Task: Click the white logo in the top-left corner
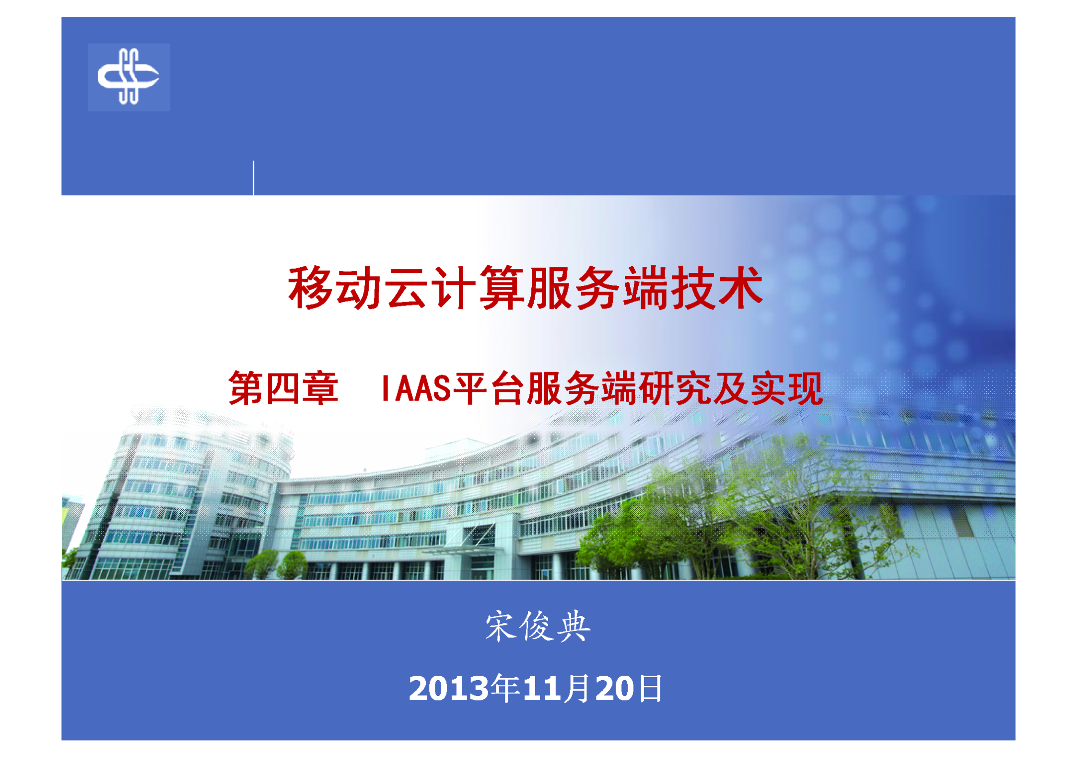click(x=128, y=77)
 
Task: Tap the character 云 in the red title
click(x=407, y=288)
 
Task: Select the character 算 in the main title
click(x=502, y=288)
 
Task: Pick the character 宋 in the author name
click(x=501, y=626)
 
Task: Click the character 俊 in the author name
click(x=537, y=626)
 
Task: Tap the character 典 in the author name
click(x=574, y=626)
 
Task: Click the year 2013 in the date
click(x=449, y=689)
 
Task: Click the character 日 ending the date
click(x=651, y=689)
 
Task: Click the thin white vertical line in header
click(x=253, y=178)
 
